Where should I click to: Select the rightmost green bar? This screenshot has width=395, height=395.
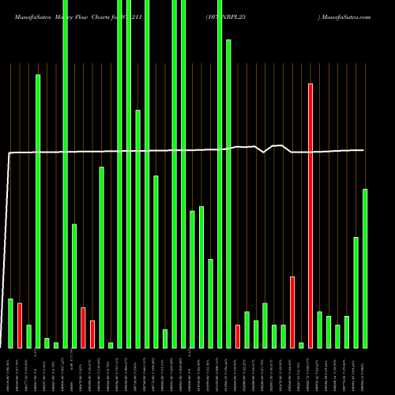click(365, 269)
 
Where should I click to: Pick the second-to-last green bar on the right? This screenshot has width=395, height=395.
click(355, 292)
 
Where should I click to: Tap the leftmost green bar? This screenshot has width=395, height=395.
click(10, 323)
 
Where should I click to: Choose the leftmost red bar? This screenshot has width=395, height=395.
click(20, 325)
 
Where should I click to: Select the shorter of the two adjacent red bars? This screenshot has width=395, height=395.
click(92, 334)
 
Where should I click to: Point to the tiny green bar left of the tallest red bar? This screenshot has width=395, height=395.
click(301, 344)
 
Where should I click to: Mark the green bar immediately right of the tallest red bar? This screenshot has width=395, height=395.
click(320, 329)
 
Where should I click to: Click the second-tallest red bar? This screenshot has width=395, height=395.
click(292, 312)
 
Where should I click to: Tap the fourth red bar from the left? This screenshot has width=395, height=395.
click(238, 336)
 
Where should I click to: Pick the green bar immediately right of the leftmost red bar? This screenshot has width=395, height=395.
click(28, 336)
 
